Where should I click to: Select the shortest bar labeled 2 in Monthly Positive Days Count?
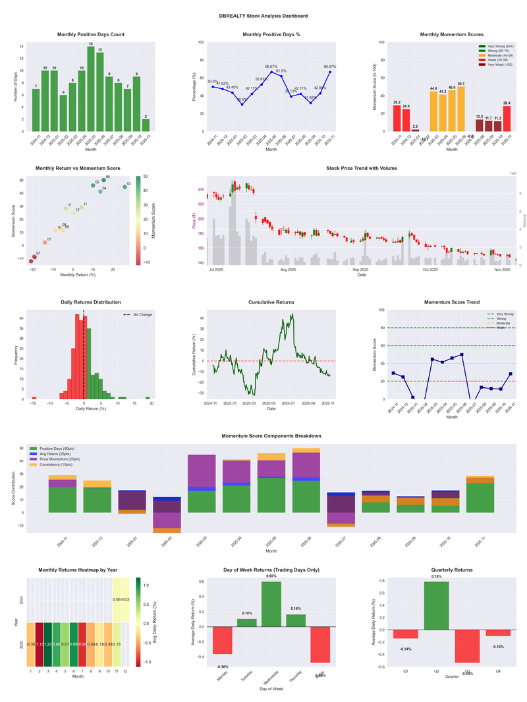pyautogui.click(x=146, y=125)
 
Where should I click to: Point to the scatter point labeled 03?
pyautogui.click(x=125, y=187)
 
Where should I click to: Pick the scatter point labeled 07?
pyautogui.click(x=34, y=257)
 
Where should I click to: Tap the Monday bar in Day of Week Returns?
pyautogui.click(x=222, y=640)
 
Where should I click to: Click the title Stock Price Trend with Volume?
pyautogui.click(x=362, y=169)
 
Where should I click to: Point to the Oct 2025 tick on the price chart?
pyautogui.click(x=430, y=269)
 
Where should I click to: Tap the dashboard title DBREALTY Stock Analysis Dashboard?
pyautogui.click(x=263, y=16)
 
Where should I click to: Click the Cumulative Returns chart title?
pyautogui.click(x=271, y=302)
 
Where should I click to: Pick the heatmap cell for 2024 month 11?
pyautogui.click(x=117, y=600)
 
